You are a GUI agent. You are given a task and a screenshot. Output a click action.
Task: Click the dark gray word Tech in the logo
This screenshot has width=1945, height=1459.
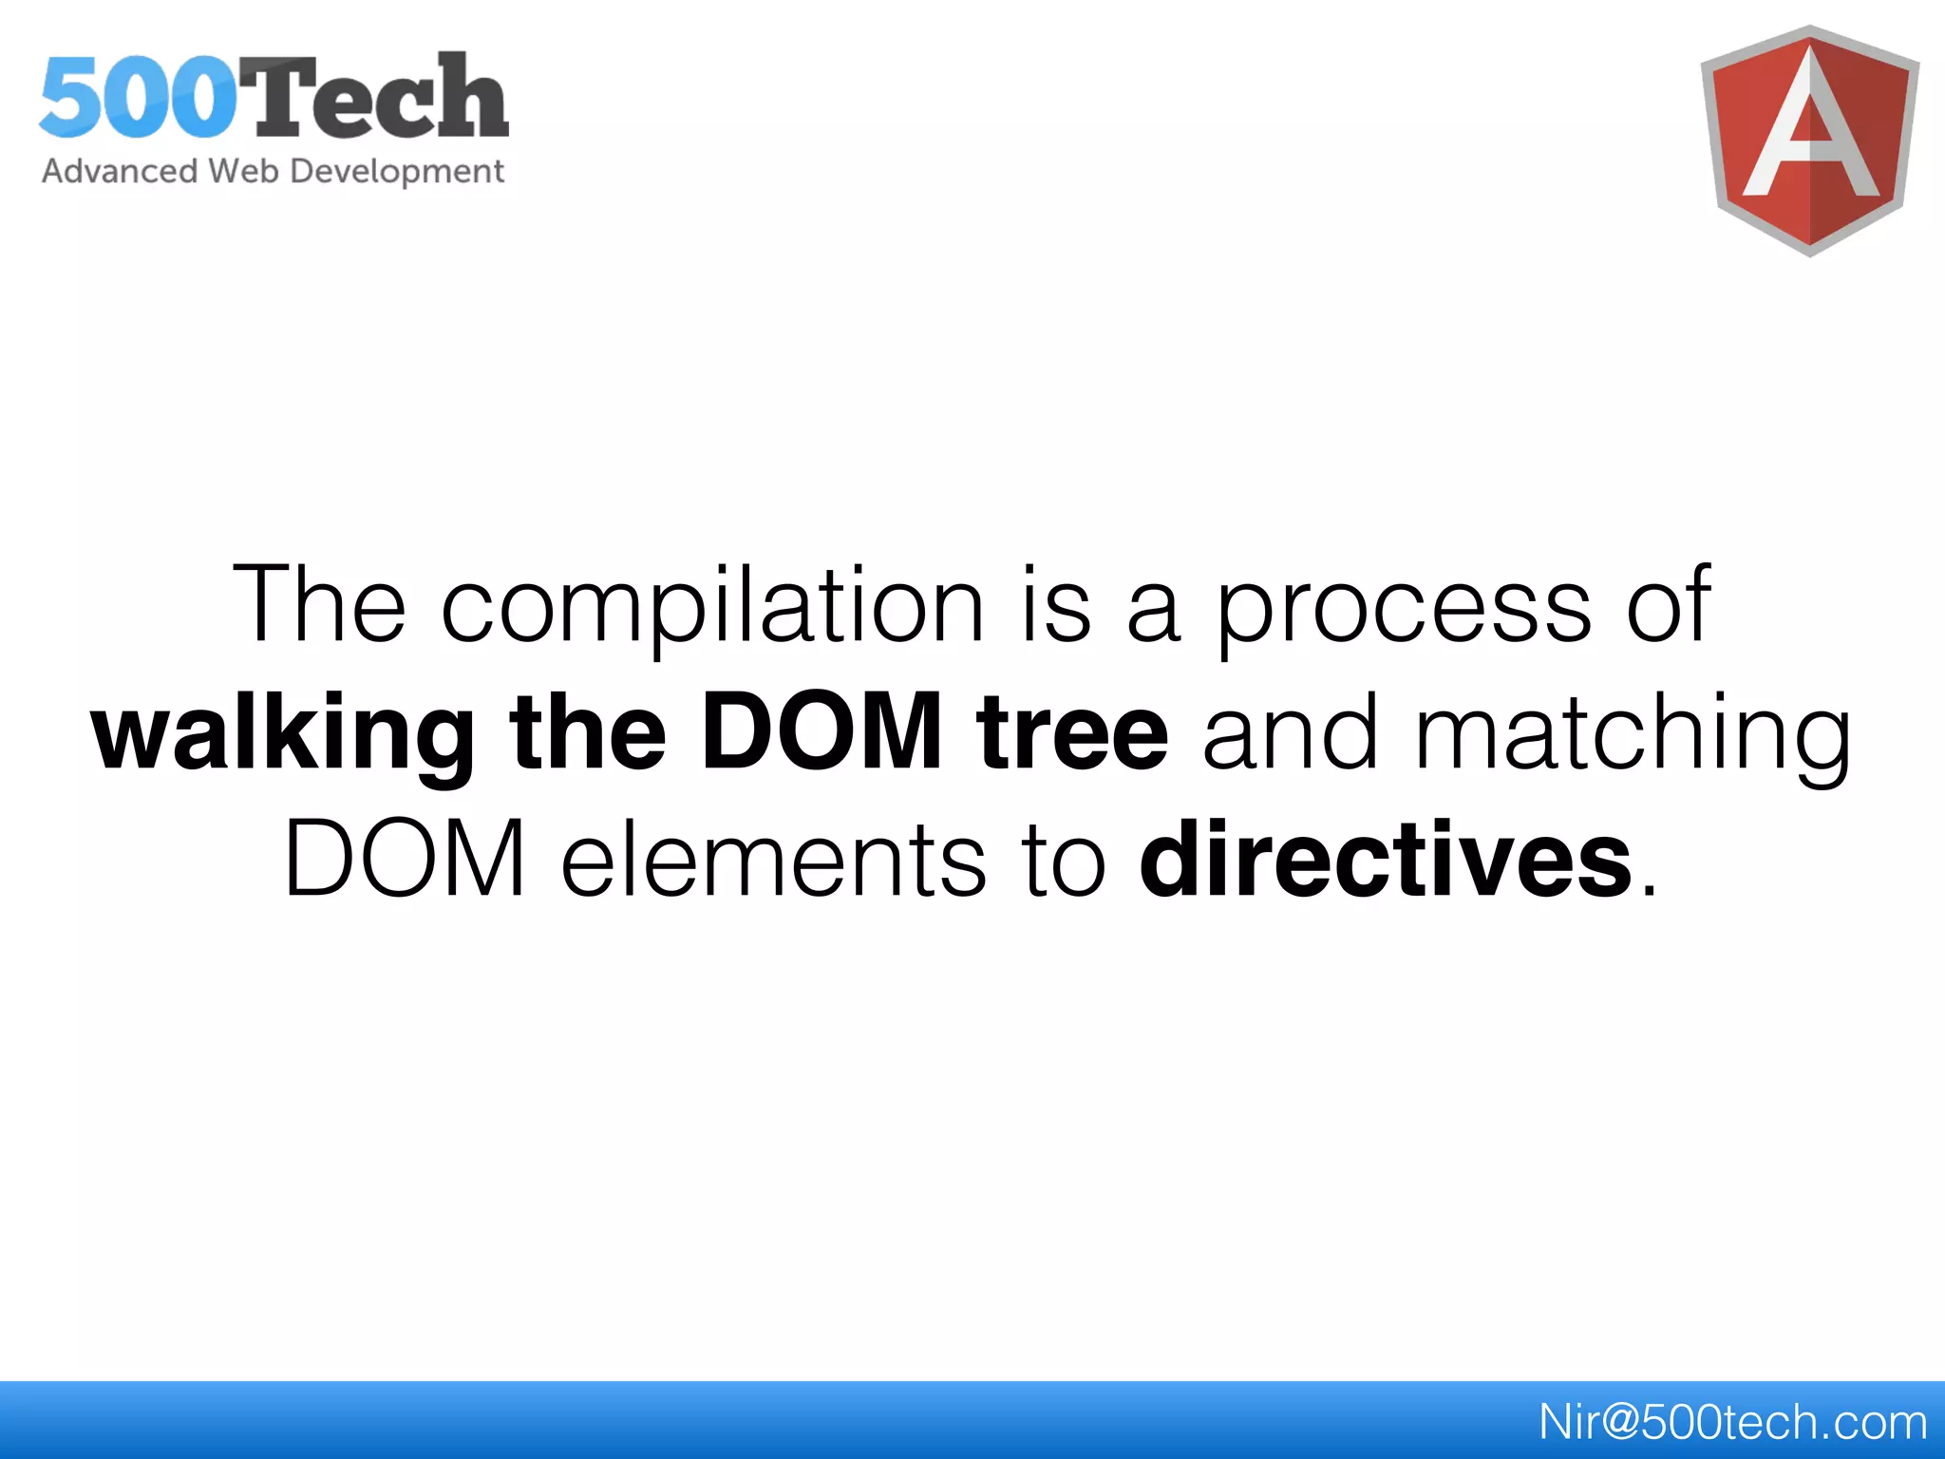(x=380, y=98)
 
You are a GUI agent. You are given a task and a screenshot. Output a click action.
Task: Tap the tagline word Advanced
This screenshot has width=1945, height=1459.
(x=120, y=171)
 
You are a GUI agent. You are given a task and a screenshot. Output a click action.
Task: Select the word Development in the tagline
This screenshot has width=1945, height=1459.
(x=397, y=172)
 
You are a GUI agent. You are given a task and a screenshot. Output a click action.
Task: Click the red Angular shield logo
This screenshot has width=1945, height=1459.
(x=1809, y=141)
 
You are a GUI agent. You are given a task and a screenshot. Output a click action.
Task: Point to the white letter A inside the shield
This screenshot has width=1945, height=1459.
(x=1810, y=128)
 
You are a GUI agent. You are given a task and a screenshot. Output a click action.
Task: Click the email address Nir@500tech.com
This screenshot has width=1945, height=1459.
(x=1731, y=1422)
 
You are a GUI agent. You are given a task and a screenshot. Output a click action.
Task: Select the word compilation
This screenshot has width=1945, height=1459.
(x=712, y=604)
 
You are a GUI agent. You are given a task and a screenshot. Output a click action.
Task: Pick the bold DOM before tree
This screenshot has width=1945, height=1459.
(x=821, y=731)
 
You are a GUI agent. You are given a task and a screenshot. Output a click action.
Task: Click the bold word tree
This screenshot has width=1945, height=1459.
(x=1073, y=731)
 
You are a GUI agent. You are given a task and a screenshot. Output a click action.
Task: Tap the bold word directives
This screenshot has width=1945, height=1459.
(x=1386, y=859)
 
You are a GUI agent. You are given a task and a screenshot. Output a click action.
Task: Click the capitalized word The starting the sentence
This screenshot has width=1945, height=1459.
(x=320, y=604)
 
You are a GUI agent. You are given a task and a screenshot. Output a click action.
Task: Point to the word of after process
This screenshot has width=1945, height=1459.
(x=1669, y=604)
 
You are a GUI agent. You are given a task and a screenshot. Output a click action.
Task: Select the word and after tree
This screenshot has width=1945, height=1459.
(x=1290, y=731)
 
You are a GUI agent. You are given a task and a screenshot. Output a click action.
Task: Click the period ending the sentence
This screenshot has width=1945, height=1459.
(x=1649, y=891)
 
